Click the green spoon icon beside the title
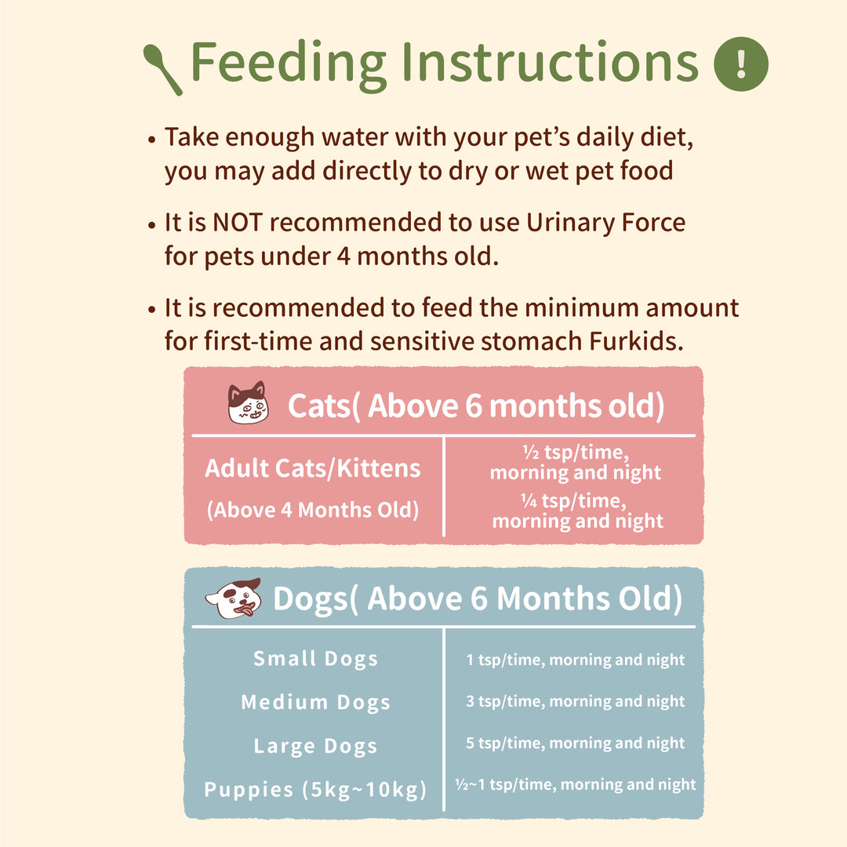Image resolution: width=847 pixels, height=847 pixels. coord(162,69)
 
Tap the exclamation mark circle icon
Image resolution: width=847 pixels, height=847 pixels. coord(740,64)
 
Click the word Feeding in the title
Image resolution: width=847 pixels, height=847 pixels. coord(289,64)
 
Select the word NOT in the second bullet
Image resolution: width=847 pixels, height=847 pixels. coord(238,223)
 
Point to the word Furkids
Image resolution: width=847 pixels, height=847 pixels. coord(636,341)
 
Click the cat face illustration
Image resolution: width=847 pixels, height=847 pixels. coord(248,402)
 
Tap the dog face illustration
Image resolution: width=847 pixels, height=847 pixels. coord(234,598)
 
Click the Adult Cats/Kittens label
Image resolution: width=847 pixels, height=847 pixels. coord(313,467)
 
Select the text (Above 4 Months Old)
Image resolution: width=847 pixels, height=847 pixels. coord(313,510)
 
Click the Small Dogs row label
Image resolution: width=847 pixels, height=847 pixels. coord(315,659)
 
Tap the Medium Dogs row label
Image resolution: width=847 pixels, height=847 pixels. coord(315,702)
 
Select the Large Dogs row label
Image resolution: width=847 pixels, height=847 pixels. coord(315,746)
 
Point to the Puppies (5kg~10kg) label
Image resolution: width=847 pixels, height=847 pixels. coord(315,790)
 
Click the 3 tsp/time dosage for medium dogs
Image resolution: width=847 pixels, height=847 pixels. coord(576,701)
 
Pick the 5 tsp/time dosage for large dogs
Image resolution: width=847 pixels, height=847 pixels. coord(576,743)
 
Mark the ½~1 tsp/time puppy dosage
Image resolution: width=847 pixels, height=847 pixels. coord(576,784)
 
